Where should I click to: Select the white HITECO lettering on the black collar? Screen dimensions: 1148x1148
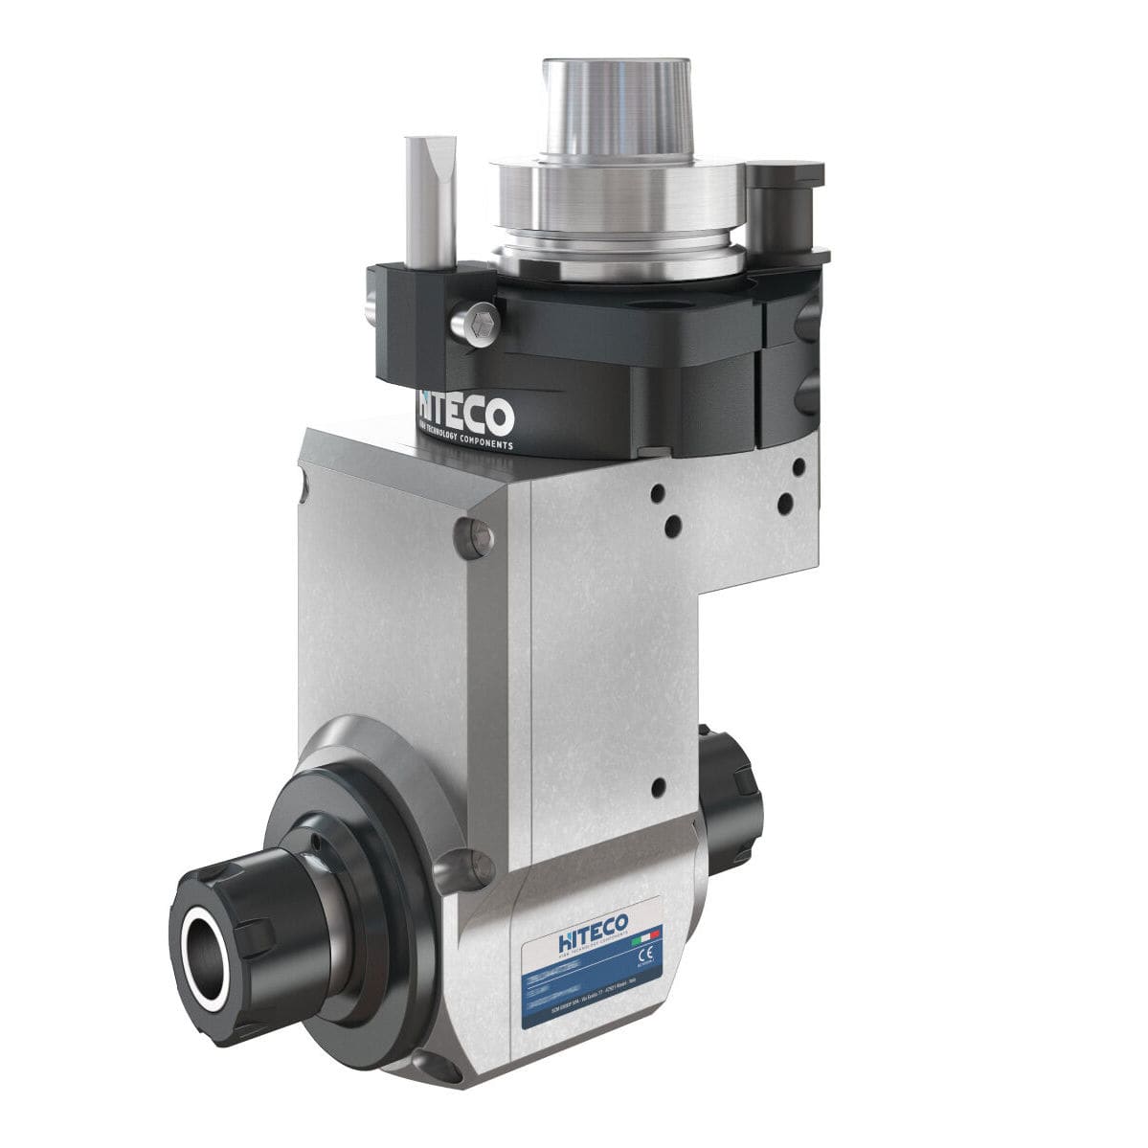[x=466, y=414]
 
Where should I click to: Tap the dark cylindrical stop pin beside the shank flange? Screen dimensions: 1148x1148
[x=773, y=206]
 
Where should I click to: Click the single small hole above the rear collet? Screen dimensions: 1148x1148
[x=657, y=788]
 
